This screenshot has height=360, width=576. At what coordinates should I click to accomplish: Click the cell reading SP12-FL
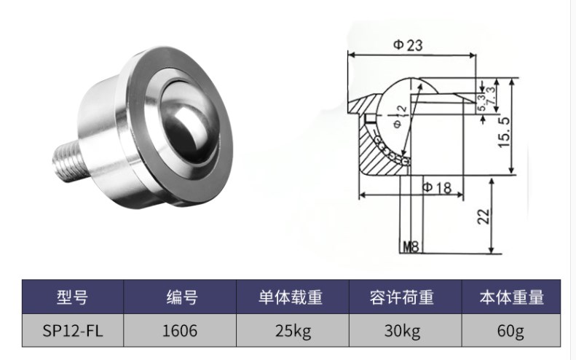pos(71,332)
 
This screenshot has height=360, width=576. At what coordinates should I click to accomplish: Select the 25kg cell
pos(293,332)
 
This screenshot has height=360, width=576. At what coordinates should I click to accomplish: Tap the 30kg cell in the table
pos(402,332)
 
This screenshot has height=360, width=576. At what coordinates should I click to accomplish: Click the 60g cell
pos(511,332)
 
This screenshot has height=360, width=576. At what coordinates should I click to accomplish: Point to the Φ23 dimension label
pos(408,45)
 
